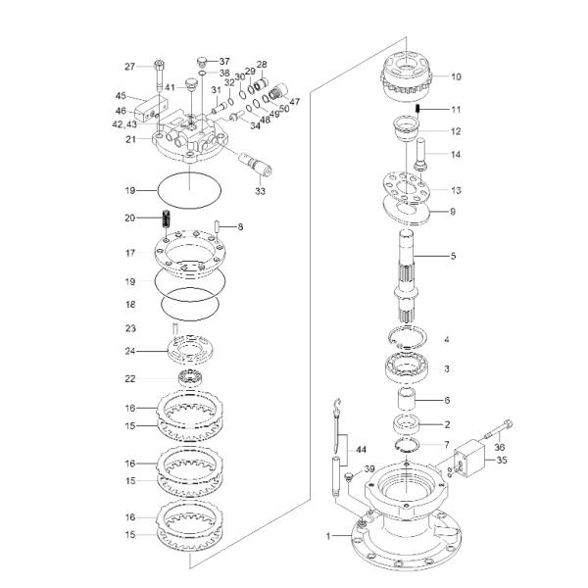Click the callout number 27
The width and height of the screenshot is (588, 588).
[x=128, y=67]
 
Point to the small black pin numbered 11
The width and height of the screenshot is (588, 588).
[x=416, y=109]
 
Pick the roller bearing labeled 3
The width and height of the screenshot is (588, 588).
[x=408, y=368]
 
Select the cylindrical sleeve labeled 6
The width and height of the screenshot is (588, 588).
[x=408, y=400]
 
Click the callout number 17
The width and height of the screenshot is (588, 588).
[x=128, y=253]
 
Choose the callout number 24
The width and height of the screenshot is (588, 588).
[x=128, y=352]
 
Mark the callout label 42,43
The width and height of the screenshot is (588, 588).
[x=124, y=124]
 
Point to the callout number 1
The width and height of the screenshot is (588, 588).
[x=330, y=537]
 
